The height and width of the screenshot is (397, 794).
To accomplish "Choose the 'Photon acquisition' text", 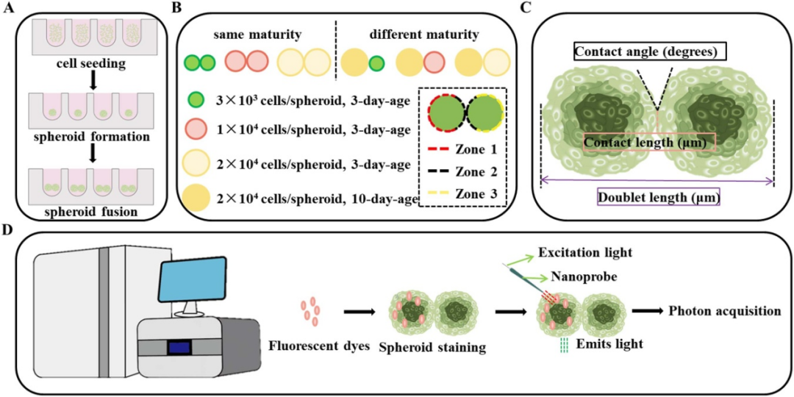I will (x=724, y=311).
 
